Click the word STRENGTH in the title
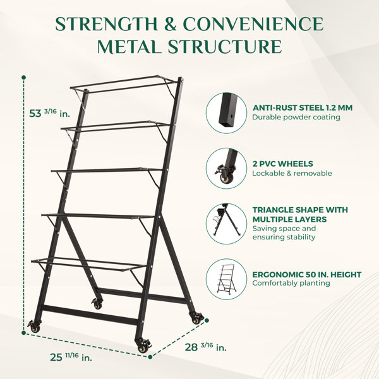(107, 24)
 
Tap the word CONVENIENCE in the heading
(253, 24)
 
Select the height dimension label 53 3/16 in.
(49, 113)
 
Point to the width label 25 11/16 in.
(71, 357)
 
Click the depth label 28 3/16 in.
(206, 347)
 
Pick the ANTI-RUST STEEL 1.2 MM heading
(303, 108)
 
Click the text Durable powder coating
(296, 117)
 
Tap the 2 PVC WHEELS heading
(283, 164)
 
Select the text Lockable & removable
(292, 173)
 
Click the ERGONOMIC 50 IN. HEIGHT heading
(307, 275)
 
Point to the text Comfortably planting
(291, 283)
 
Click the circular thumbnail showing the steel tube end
(227, 113)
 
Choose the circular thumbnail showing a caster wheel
(227, 169)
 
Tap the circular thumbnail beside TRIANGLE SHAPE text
(227, 224)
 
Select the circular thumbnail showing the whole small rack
(227, 279)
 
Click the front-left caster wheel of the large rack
(35, 327)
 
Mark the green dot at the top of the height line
(24, 77)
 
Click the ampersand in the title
(171, 24)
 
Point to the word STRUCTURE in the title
(225, 46)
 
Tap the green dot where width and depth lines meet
(150, 357)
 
